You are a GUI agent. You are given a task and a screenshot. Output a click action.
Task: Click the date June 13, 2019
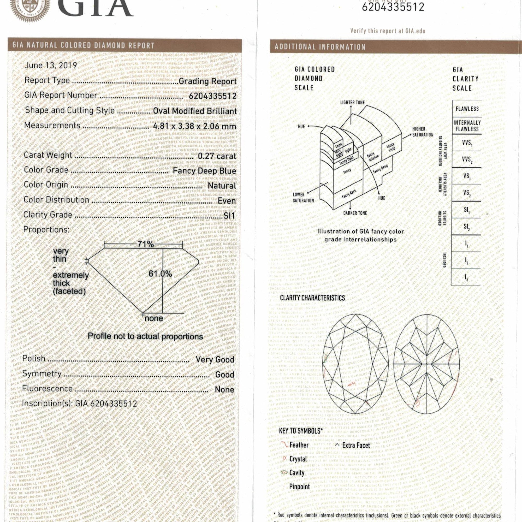[x=51, y=66]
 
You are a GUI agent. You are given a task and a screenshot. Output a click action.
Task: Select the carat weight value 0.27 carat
[x=217, y=156]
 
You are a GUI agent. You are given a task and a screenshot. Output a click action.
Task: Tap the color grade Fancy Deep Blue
[x=204, y=171]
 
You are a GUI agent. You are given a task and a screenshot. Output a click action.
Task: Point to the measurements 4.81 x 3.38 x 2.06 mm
[x=194, y=126]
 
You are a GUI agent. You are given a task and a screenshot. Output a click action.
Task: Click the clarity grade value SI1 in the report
[x=229, y=215]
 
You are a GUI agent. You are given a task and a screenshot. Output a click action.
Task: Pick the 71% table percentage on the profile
[x=146, y=244]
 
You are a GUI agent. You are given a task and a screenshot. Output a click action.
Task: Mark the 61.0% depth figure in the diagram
[x=160, y=274]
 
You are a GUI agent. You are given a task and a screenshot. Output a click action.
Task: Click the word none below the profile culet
[x=154, y=318]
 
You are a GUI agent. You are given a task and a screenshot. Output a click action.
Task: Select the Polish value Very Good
[x=215, y=360]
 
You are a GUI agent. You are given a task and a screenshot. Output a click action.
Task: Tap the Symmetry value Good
[x=224, y=375]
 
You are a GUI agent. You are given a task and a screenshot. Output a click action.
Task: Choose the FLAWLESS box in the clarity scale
[x=467, y=109]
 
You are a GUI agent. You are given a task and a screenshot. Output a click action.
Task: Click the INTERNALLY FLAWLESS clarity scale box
[x=467, y=126]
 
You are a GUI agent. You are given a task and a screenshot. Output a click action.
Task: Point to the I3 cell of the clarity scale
[x=466, y=277]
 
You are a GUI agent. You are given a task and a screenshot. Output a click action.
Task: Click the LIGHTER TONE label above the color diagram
[x=352, y=102]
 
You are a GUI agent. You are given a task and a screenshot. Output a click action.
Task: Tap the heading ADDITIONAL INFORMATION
[x=320, y=47]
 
